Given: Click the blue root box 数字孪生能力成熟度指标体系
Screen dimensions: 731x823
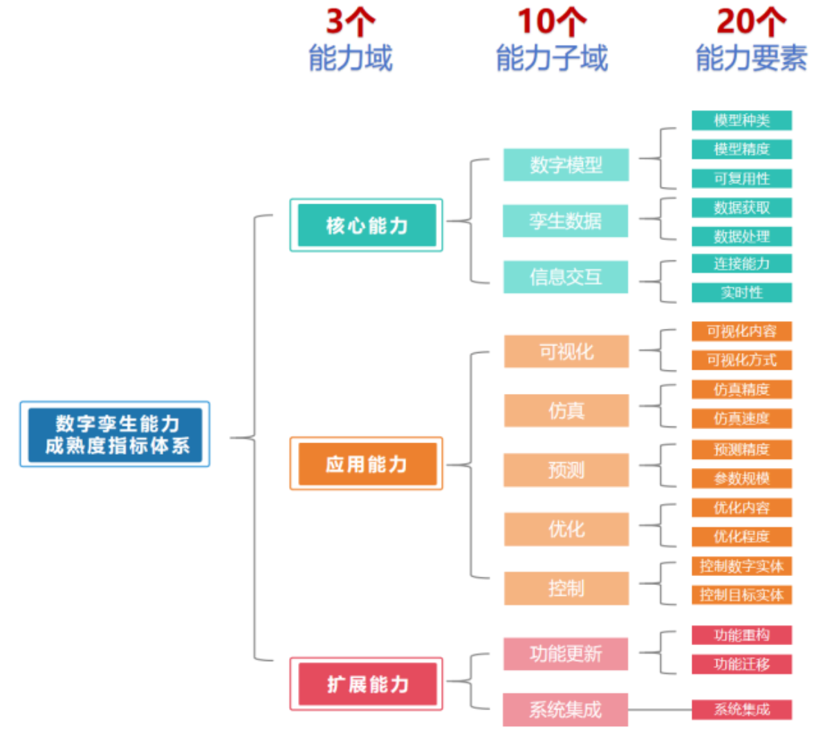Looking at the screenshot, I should coord(115,434).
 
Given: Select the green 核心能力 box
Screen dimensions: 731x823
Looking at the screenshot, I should coord(367,225).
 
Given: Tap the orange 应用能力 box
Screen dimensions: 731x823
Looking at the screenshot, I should coord(367,464).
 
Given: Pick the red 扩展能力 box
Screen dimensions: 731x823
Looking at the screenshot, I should coord(367,684).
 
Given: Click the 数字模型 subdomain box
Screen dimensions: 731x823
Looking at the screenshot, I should coord(566,165).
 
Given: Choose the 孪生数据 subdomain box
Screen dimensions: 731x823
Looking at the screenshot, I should coord(566,221).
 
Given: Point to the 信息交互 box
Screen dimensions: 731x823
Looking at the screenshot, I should coord(566,277).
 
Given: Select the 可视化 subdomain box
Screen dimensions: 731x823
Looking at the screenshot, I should coord(566,352).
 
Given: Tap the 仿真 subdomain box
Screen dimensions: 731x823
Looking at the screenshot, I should coord(566,410).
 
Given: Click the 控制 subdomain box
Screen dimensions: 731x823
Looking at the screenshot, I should coord(566,588).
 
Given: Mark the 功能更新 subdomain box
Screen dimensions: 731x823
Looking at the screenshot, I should coord(566,653).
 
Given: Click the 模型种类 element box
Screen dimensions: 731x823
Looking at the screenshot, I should coord(741,120).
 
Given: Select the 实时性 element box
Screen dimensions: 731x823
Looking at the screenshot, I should coord(741,292).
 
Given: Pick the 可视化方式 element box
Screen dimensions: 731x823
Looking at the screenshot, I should coord(741,360).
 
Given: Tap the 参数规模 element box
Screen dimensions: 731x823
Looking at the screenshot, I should coord(741,478).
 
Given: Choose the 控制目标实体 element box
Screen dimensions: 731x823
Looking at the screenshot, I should coord(741,595).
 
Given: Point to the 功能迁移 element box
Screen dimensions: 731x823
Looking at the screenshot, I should coord(741,664).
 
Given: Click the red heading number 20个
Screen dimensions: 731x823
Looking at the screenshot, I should coord(750,22).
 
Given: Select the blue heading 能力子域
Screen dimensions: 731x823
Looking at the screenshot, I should coord(552,58).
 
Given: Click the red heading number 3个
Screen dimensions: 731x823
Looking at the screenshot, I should coord(350,22).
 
